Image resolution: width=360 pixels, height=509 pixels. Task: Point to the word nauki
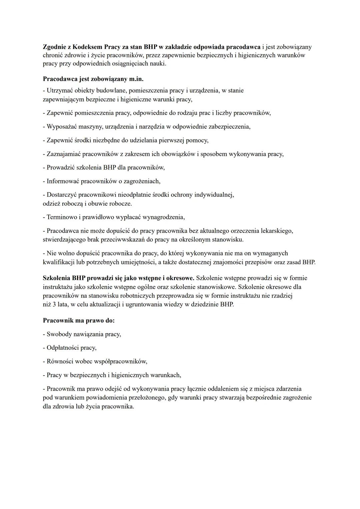tap(157, 63)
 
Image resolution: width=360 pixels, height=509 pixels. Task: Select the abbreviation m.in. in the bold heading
tap(136, 79)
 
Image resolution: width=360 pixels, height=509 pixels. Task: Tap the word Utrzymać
tap(60, 90)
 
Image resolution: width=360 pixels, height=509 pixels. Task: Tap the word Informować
tap(63, 181)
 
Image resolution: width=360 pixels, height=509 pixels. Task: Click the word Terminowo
tap(62, 217)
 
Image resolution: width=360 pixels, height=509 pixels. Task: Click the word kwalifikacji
tap(59, 262)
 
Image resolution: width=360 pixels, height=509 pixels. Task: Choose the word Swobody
tap(59, 334)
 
